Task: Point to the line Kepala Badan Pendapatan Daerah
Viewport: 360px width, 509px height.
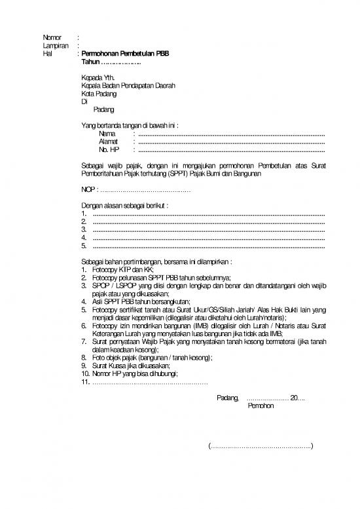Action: (x=128, y=85)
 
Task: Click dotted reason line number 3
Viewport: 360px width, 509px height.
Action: (x=209, y=230)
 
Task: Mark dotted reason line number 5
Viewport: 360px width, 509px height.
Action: (x=209, y=246)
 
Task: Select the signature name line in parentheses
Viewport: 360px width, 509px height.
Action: (x=261, y=447)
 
